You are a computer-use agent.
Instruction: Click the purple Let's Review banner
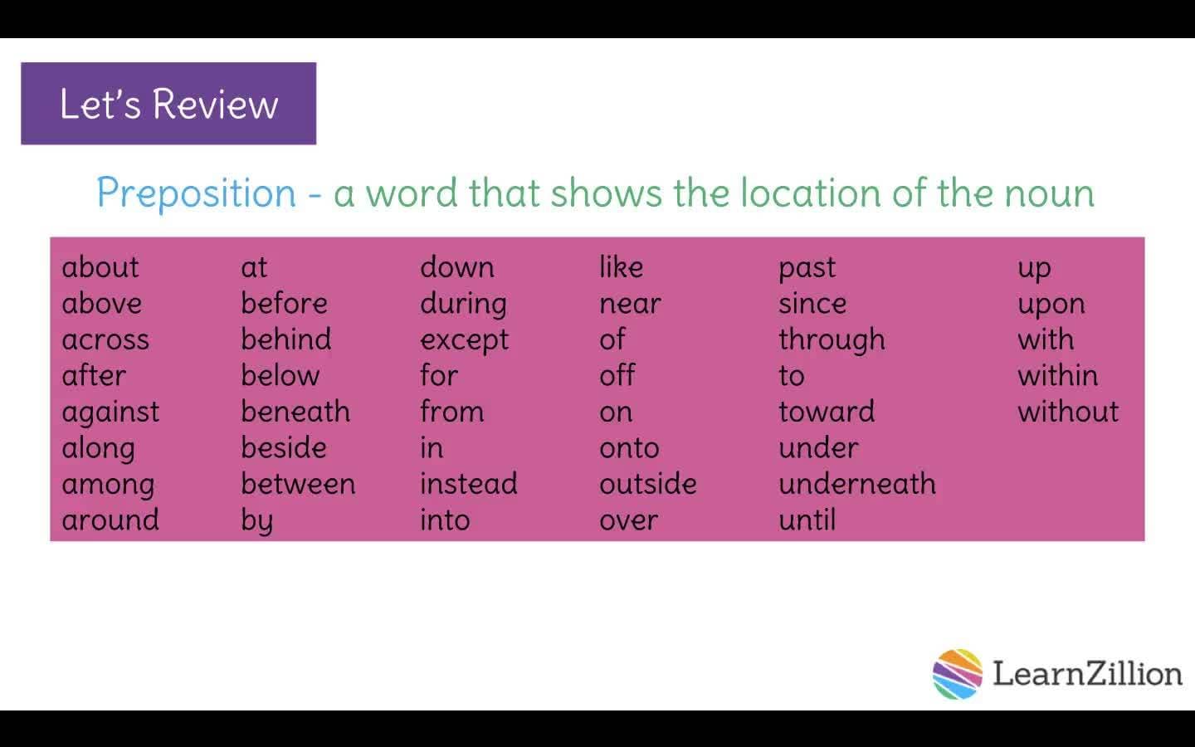(168, 104)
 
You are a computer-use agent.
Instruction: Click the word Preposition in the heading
(196, 193)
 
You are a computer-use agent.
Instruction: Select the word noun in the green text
(1049, 193)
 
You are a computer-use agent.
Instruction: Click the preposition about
(100, 267)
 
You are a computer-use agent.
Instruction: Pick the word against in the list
(110, 413)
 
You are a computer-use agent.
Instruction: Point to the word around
(110, 520)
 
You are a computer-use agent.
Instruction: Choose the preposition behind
(285, 339)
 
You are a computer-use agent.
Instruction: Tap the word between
(298, 484)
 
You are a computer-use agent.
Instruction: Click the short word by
(256, 521)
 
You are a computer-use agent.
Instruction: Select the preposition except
(464, 340)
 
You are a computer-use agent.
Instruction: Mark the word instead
(468, 484)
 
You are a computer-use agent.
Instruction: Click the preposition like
(621, 267)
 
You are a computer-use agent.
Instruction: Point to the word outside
(647, 484)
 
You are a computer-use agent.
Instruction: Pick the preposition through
(832, 340)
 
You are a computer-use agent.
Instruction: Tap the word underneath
(856, 484)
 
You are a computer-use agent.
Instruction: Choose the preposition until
(807, 520)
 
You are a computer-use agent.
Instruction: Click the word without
(1068, 412)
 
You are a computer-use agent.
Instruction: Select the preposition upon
(1051, 305)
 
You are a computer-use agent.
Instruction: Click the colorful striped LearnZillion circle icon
(957, 674)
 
